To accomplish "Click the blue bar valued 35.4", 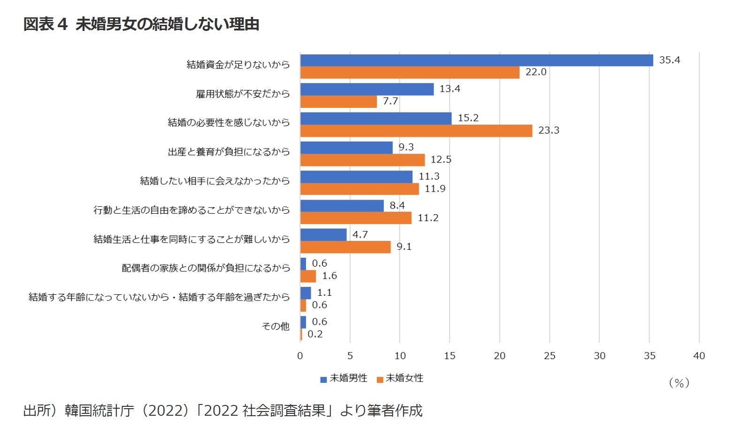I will [476, 60].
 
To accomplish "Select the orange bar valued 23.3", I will [416, 131].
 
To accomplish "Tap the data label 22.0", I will [536, 72].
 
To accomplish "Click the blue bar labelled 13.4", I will [367, 90].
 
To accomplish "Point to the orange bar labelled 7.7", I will [338, 102].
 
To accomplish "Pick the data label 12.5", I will [441, 160].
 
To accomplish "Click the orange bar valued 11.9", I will [359, 189].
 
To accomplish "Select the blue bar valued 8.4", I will [342, 206].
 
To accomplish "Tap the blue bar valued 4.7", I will [323, 235].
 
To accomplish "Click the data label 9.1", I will [404, 247].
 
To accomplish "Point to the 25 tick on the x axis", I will [550, 356].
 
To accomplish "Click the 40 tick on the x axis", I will [699, 356].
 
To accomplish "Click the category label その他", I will [275, 326].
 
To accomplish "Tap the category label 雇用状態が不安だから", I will [243, 94].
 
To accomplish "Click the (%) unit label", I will [679, 383].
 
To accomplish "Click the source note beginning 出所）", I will [223, 411].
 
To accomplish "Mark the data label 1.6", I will [329, 276].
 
